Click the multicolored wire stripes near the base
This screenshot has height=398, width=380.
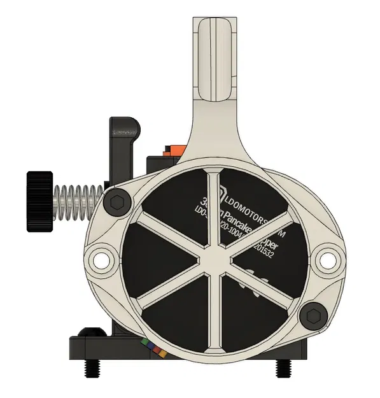click(x=153, y=346)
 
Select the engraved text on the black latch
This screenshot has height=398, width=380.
click(x=125, y=132)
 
